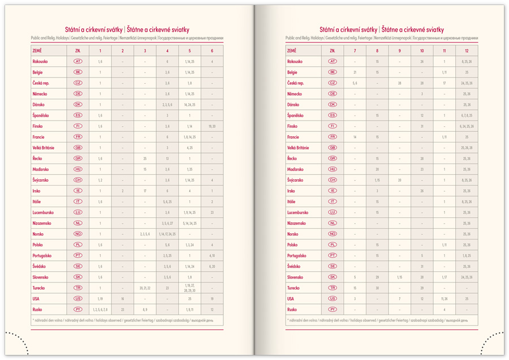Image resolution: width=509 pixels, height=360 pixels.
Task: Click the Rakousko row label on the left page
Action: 40,61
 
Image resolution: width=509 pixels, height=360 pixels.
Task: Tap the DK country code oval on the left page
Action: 78,105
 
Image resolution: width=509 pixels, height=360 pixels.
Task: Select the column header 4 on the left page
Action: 167,51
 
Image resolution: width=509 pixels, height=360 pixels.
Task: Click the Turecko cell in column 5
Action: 189,288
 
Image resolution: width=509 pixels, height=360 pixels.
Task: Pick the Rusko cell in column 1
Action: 100,310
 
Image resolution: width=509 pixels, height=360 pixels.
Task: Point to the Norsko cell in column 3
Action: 145,234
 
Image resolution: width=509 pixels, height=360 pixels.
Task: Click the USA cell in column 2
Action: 123,299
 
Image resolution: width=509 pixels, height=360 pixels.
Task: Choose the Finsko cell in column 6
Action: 212,126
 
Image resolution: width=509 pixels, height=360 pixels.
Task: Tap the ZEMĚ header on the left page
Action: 37,51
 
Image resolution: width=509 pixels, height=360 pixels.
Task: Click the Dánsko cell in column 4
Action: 167,105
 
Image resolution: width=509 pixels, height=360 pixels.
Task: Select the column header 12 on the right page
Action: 467,51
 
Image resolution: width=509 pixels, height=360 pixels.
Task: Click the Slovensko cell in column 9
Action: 399,277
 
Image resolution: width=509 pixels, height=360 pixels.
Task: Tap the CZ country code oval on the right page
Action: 333,83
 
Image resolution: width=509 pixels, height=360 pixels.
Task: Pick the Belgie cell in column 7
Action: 355,72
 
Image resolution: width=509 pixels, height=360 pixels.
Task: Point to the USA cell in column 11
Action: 445,299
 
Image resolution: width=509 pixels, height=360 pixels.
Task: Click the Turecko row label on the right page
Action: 295,288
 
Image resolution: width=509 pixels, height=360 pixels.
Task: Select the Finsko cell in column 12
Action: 467,126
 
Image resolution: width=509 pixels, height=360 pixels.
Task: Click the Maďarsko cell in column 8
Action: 377,169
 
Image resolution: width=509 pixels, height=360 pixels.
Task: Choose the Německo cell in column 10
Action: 422,94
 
